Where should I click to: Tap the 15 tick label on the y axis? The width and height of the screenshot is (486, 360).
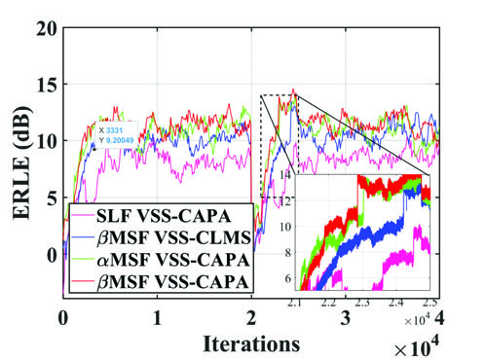[x=42, y=85]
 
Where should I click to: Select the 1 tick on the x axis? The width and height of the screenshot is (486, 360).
[x=157, y=318]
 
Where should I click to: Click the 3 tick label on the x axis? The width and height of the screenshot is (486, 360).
[x=345, y=318]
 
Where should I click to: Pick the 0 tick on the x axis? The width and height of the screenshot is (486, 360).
[x=63, y=318]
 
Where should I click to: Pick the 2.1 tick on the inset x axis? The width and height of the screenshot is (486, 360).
[x=298, y=303]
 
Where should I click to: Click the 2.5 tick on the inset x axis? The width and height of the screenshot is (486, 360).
[x=430, y=303]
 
